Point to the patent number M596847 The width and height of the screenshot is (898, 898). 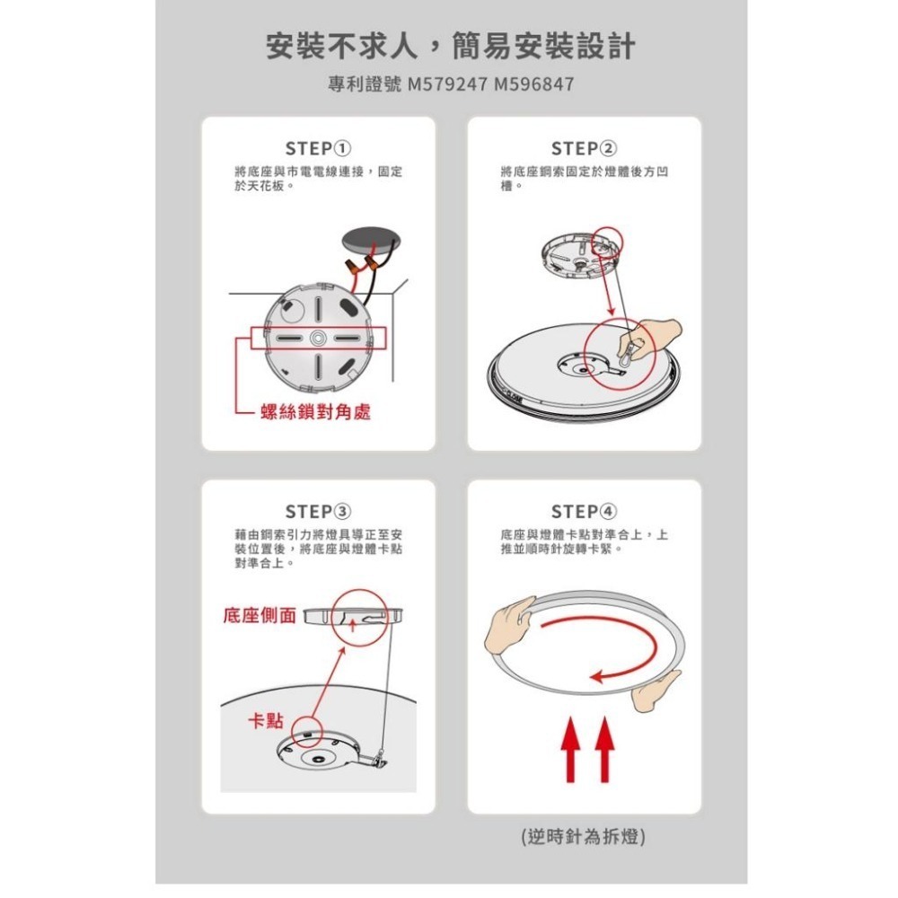[x=533, y=84]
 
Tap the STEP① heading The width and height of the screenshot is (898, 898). [x=318, y=148]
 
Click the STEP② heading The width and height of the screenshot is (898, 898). [x=584, y=148]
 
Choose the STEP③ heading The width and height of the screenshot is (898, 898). [x=318, y=512]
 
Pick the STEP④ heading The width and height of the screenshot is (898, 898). [x=584, y=512]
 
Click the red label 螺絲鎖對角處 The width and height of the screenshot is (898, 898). [x=314, y=412]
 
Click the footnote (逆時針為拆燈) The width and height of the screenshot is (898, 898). [x=584, y=836]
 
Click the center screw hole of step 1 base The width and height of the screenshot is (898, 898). [x=318, y=337]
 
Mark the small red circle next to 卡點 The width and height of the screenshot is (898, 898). [x=306, y=729]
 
